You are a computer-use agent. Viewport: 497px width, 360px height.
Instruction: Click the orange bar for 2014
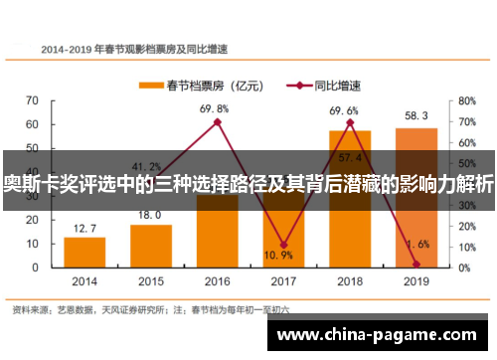(x=84, y=252)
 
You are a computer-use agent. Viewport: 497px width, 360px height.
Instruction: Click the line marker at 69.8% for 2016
(x=217, y=122)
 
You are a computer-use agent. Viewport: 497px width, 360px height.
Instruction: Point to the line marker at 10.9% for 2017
(x=283, y=245)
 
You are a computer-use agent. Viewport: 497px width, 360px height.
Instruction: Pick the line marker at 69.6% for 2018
(x=350, y=122)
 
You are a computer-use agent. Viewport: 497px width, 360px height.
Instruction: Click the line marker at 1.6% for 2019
(x=415, y=264)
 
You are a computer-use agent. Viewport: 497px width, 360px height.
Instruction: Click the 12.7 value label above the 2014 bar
(x=85, y=228)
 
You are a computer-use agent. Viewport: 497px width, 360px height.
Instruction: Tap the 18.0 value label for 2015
(x=150, y=215)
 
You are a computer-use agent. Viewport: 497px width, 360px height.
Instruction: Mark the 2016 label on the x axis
(x=217, y=280)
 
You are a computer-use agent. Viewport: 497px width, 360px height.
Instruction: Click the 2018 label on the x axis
(x=350, y=280)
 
